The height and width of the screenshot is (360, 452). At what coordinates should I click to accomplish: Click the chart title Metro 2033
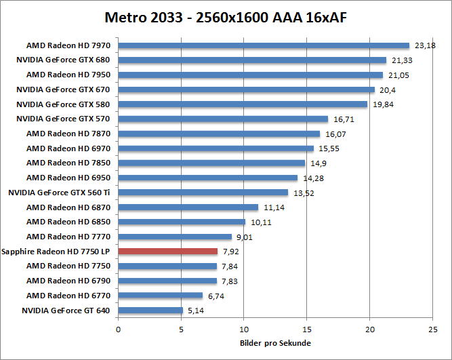226,16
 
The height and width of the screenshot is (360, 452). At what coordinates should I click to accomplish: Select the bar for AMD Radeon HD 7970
264,45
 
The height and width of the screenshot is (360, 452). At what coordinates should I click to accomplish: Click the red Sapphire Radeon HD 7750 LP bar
168,252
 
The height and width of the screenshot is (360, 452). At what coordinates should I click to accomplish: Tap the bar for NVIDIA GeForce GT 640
150,311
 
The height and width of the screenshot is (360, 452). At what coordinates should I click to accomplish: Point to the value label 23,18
424,45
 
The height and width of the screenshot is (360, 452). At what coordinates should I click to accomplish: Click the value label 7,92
230,252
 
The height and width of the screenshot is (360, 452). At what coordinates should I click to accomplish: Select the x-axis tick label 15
306,329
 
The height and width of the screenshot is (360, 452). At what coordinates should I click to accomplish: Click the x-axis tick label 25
432,329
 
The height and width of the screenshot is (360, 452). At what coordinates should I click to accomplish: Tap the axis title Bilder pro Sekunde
275,343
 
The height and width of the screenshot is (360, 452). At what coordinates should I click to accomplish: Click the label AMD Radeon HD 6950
68,178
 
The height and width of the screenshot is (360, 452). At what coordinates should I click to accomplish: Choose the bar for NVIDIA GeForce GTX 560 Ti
212,193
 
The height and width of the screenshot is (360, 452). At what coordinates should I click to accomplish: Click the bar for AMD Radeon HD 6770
161,296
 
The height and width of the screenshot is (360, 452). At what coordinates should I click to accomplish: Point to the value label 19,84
382,104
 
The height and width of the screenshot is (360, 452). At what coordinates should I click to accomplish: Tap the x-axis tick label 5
181,329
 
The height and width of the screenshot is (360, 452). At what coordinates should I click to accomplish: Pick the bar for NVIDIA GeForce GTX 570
223,119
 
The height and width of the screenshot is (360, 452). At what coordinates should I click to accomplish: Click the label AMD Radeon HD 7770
68,237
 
